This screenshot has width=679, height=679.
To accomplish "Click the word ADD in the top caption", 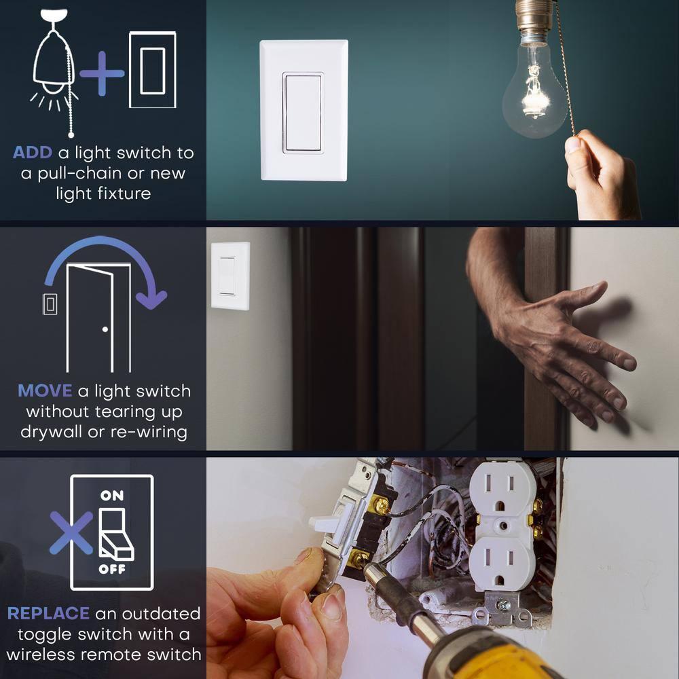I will (32, 153).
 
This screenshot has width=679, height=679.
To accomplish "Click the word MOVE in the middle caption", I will (45, 391).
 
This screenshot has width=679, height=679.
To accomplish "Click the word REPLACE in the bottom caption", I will (48, 614).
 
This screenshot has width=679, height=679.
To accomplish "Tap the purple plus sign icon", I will (102, 73).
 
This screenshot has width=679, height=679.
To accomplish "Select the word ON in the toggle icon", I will (112, 496).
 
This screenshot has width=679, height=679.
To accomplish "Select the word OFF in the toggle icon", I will (112, 569).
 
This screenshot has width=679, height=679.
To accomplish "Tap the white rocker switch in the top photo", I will (303, 111).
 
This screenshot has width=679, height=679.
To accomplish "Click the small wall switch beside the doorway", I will (230, 276).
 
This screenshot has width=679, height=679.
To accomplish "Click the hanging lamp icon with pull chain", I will (54, 68).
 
